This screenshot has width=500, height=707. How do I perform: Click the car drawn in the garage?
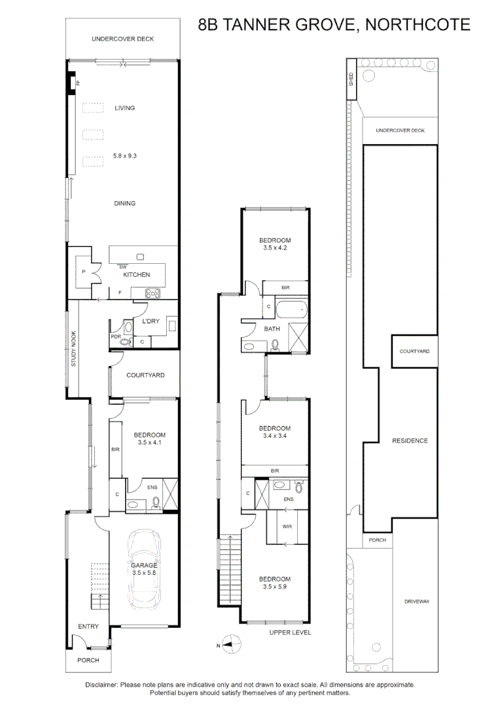[144, 567]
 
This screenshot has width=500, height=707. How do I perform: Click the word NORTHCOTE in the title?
[417, 25]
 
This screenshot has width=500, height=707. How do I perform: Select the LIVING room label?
[124, 108]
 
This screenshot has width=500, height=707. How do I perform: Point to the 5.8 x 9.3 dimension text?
[124, 156]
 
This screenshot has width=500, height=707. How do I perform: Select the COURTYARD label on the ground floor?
[145, 376]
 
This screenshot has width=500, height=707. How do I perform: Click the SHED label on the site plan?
[351, 79]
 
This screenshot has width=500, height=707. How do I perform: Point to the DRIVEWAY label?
[416, 602]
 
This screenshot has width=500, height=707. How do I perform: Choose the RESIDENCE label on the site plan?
[410, 441]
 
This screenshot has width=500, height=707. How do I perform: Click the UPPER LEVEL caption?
[290, 632]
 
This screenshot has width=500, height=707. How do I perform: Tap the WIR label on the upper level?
[287, 526]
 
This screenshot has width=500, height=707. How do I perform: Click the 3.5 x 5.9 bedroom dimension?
[274, 587]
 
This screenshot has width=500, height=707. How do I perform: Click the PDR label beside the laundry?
[115, 337]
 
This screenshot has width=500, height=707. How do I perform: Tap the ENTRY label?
[88, 626]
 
